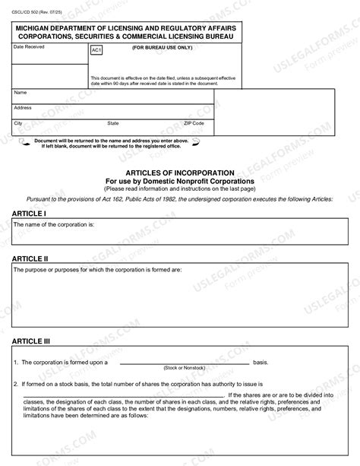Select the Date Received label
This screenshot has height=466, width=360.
pyautogui.click(x=29, y=47)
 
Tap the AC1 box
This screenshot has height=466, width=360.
pyautogui.click(x=96, y=50)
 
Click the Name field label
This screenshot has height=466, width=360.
pyautogui.click(x=21, y=92)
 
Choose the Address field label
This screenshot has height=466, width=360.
pyautogui.click(x=23, y=107)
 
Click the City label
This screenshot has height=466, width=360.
pyautogui.click(x=18, y=122)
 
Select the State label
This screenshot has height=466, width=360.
pyautogui.click(x=112, y=122)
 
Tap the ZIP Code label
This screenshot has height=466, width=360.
pyautogui.click(x=194, y=122)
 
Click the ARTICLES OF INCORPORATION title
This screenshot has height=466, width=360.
pyautogui.click(x=179, y=173)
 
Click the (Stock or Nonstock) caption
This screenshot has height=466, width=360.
pyautogui.click(x=185, y=367)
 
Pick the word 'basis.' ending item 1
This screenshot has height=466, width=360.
pyautogui.click(x=261, y=362)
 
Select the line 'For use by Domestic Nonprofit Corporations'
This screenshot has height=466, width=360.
pyautogui.click(x=179, y=181)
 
